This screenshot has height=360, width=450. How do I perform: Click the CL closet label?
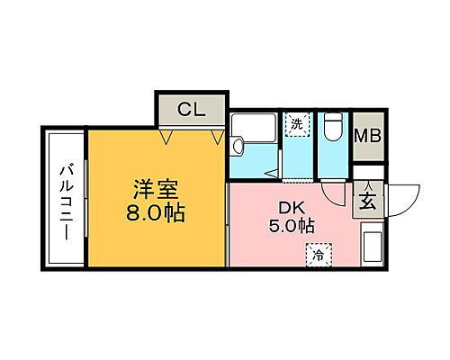[x=191, y=111]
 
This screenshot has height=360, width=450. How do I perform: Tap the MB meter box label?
[x=366, y=137]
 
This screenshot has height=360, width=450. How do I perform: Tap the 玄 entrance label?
[x=369, y=200]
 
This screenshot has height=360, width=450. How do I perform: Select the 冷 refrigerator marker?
[x=318, y=255]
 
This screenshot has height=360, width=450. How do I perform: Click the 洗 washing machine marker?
[x=296, y=124]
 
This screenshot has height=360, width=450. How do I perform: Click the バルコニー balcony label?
[x=66, y=200]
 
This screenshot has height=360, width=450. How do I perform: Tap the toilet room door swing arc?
[x=335, y=191]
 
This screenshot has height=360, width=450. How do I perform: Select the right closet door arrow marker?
[x=216, y=138]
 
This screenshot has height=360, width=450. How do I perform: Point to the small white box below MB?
[x=366, y=169]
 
